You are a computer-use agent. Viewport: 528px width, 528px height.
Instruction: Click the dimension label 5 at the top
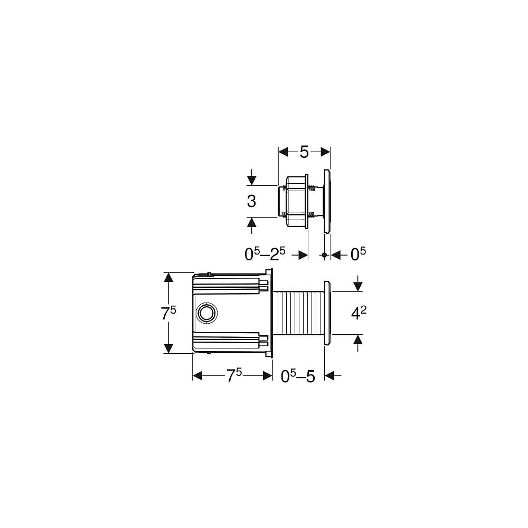point(304,152)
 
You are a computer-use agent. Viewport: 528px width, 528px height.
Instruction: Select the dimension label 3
point(251,201)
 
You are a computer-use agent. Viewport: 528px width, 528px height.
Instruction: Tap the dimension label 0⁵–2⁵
point(265,254)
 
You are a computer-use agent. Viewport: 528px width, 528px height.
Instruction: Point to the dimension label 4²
point(359,313)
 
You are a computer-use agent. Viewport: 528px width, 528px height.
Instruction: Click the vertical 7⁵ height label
point(168,313)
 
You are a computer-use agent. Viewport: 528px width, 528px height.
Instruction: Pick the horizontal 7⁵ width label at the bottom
point(234,375)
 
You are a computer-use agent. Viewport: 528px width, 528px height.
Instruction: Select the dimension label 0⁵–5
point(298,376)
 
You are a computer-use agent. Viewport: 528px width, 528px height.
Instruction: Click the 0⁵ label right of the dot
point(358,254)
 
